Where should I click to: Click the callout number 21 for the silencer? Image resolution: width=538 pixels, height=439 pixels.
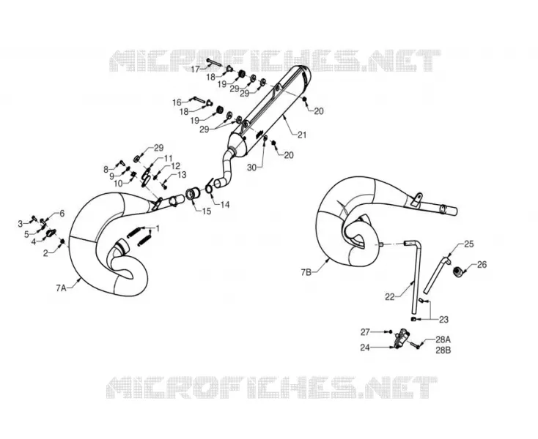coord(302,135)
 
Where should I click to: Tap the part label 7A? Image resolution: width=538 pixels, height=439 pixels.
coord(61,288)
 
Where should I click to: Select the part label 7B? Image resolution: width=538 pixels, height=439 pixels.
coord(306,272)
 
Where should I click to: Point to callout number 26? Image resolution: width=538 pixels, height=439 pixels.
coord(482,265)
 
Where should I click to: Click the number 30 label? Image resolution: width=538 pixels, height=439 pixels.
coord(252,168)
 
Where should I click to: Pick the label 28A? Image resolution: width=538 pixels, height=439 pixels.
coord(443,339)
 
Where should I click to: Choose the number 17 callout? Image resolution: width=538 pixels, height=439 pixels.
coord(195,70)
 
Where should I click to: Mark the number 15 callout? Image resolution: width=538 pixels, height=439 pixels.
coord(207,211)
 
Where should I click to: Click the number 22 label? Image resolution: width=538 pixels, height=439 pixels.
coord(390,297)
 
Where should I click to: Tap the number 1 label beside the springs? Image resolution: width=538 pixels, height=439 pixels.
coord(158,228)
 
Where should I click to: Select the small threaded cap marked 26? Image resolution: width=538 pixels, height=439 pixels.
coord(457,272)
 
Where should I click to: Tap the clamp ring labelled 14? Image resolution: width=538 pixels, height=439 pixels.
coord(209,187)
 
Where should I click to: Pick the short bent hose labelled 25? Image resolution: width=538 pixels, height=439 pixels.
coord(437,274)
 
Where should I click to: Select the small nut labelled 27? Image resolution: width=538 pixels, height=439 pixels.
coord(390,331)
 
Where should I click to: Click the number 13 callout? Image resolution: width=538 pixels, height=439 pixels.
coord(182,175)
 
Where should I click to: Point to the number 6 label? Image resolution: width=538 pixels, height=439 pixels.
coord(62,214)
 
